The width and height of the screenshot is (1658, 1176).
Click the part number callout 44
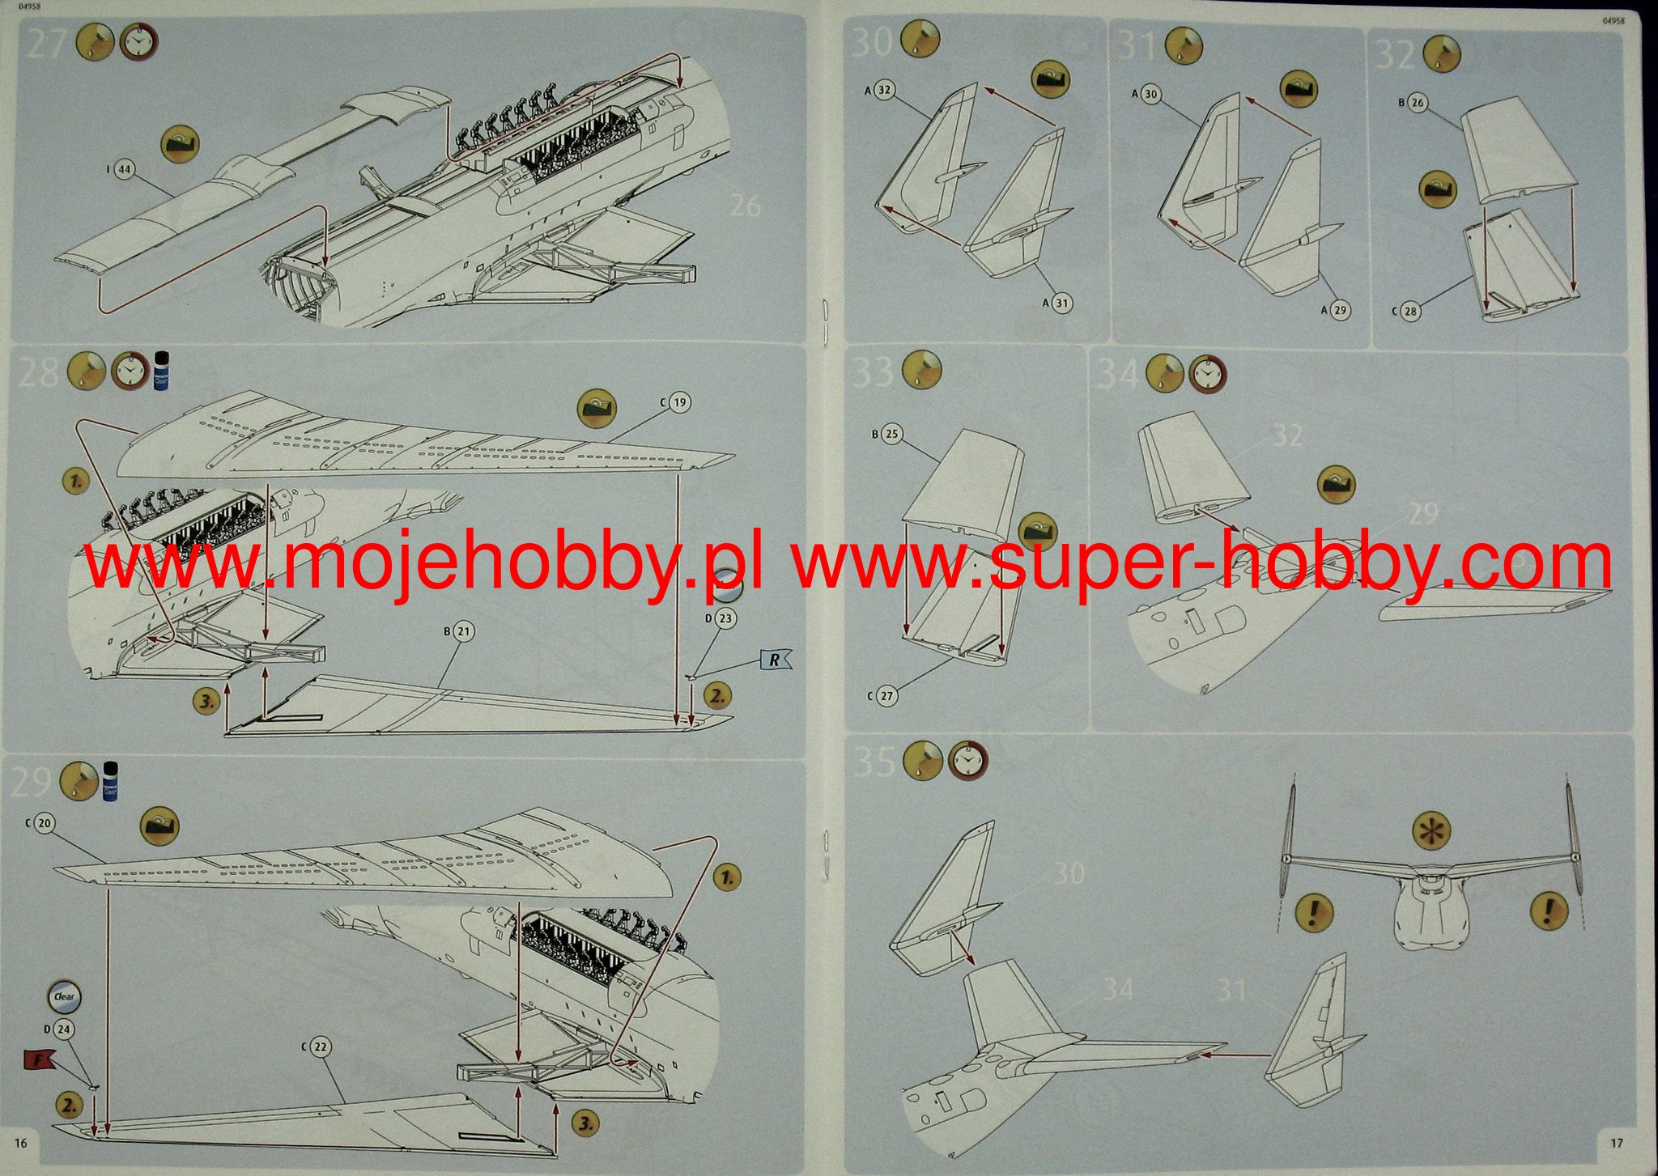point(124,170)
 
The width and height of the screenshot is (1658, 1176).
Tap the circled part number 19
point(679,402)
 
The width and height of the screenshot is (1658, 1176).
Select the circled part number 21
point(463,631)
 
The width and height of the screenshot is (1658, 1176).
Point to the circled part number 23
point(725,618)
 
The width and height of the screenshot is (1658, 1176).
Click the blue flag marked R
point(774,660)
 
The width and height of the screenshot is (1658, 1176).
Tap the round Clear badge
point(65,997)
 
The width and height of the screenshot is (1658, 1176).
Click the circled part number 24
point(63,1030)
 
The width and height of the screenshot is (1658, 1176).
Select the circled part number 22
point(320,1047)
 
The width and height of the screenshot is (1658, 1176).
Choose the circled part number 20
point(44,823)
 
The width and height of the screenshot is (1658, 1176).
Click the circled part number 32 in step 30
point(884,90)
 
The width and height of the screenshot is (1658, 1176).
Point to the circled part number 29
point(1340,310)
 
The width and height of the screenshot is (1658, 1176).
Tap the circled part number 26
point(1417,103)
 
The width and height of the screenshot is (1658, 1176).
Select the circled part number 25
point(891,435)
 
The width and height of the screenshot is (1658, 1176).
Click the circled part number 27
point(886,695)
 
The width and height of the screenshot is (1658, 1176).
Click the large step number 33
point(874,371)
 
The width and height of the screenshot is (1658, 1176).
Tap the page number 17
point(1616,1143)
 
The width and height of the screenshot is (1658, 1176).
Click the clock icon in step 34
point(1206,374)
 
